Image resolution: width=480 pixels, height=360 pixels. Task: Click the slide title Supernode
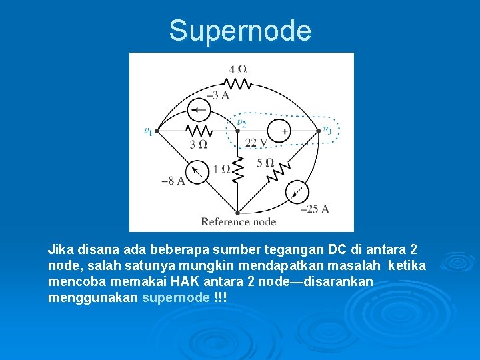pos(240,31)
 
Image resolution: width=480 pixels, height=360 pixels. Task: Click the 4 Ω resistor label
pos(237,69)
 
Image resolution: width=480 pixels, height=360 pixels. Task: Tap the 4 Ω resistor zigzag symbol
pos(237,83)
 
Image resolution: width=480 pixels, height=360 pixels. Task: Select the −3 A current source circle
pos(198,109)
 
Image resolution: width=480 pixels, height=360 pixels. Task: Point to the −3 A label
pos(219,96)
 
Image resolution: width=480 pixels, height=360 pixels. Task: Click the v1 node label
pos(148,131)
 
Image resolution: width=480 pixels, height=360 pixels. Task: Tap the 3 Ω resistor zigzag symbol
pos(198,131)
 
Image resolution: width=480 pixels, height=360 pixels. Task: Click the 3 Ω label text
pos(198,144)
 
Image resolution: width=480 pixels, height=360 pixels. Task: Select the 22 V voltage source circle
pos(279,131)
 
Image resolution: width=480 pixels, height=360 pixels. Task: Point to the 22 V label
pos(255,143)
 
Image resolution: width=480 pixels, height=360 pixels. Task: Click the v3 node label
pos(327,129)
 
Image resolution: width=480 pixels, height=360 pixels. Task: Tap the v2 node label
pos(242,122)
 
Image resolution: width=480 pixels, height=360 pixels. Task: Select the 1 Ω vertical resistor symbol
pos(238,170)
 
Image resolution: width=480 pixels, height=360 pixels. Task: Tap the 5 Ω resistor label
pos(265,163)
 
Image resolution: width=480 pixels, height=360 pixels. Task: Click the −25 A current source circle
pos(297,192)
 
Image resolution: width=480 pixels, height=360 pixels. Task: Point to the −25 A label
pos(315,209)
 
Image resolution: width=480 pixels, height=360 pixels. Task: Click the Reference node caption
pos(238,221)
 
